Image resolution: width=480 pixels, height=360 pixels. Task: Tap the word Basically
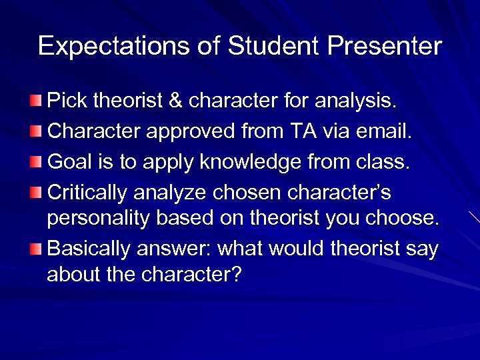91,249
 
